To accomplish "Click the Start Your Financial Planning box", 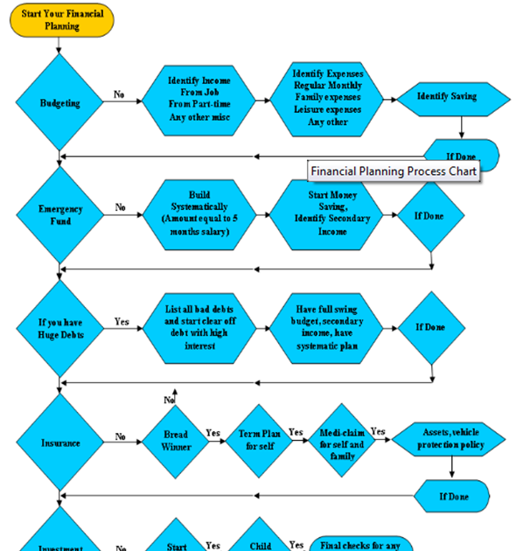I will click(62, 20).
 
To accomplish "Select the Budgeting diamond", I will click(59, 103).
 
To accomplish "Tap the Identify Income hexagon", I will click(199, 100).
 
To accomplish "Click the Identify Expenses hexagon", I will click(327, 98).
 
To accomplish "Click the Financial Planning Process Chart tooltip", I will click(394, 171).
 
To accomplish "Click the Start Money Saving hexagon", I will click(332, 213).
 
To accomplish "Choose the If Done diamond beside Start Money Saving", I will click(432, 214).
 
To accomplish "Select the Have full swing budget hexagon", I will click(332, 327).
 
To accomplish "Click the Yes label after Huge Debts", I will click(122, 322).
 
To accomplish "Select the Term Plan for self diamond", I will click(259, 439).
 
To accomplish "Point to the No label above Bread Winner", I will click(170, 400).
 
